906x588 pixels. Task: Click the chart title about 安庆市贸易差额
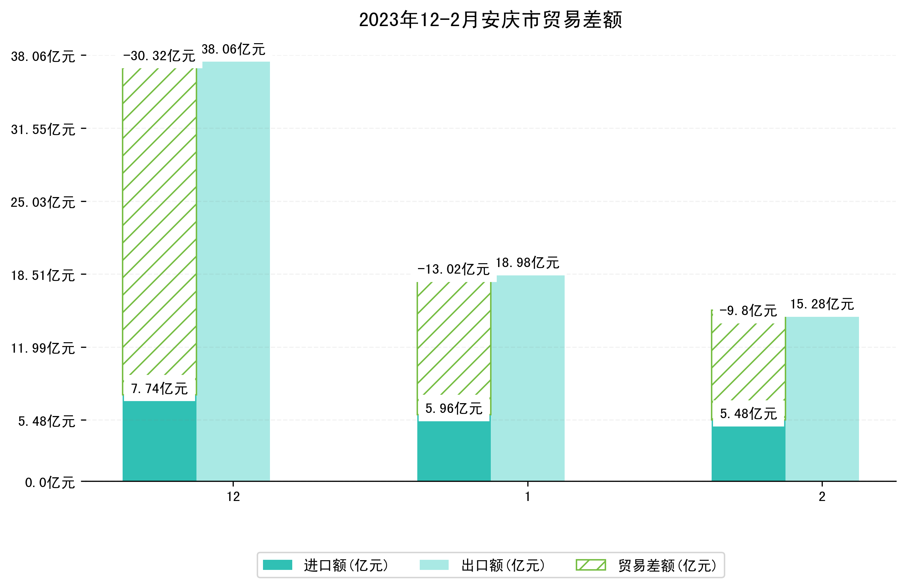[490, 20]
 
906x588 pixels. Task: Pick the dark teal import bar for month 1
[454, 451]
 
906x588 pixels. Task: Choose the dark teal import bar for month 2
[748, 454]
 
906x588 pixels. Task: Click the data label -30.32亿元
[159, 56]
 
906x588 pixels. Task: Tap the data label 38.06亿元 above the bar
[233, 49]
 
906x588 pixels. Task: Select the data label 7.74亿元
[159, 389]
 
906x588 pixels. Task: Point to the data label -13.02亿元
[454, 269]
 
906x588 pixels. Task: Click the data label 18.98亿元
[527, 263]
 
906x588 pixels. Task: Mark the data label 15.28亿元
[822, 304]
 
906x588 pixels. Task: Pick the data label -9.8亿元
[748, 311]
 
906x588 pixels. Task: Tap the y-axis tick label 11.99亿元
[42, 348]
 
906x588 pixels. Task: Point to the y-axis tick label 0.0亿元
[49, 483]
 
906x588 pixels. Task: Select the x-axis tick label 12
[233, 497]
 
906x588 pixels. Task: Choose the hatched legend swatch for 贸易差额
[591, 565]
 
